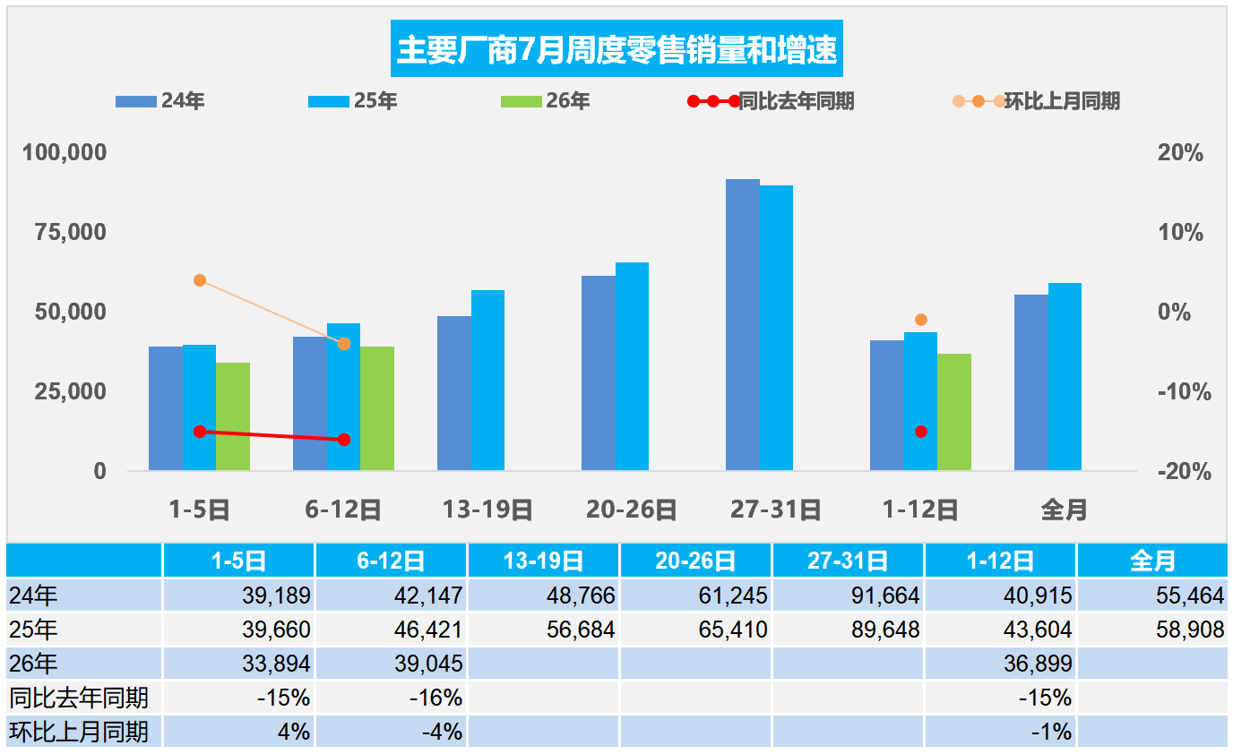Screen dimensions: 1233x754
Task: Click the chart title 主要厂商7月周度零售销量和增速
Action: (x=616, y=49)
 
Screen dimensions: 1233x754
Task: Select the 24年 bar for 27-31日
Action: (x=743, y=324)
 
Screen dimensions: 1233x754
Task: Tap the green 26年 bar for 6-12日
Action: (x=377, y=408)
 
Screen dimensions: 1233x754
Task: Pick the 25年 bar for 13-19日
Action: (x=487, y=380)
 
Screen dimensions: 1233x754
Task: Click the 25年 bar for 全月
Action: (x=1065, y=377)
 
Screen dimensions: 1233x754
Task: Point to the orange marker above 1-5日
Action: (x=200, y=280)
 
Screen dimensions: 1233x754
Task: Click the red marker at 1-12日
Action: (x=921, y=432)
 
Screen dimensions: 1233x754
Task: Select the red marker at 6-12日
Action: (x=344, y=440)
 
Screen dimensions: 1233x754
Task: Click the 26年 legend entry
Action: (x=545, y=100)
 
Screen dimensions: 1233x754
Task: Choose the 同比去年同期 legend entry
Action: (x=771, y=101)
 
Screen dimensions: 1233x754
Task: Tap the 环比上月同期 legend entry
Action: (x=1036, y=101)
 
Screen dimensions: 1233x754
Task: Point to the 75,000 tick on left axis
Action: (x=71, y=232)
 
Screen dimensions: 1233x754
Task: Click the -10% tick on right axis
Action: (x=1184, y=392)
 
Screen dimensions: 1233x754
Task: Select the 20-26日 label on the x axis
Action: (x=632, y=510)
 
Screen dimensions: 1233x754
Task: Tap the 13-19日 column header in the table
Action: (x=543, y=561)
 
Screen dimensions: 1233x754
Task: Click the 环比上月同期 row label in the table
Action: (x=79, y=732)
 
